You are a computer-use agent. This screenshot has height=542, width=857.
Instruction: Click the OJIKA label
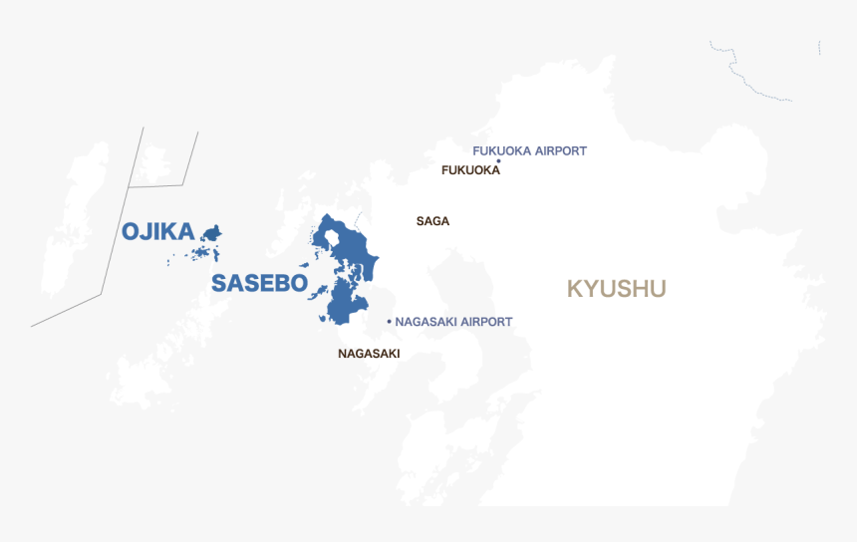point(157,231)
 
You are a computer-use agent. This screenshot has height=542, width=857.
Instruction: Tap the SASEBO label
point(259,283)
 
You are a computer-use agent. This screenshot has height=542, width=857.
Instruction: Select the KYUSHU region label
point(616,289)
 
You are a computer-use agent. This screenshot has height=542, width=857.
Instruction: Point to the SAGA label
point(432,221)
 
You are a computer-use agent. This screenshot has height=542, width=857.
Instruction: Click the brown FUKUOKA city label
point(470,170)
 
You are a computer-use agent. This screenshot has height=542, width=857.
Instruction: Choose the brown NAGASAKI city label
point(369,354)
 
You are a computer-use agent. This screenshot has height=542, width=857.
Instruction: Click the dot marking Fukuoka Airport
point(498,160)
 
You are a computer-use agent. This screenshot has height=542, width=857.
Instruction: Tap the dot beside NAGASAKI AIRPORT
point(389,322)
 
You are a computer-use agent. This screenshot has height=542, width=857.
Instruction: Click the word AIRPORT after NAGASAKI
point(487,322)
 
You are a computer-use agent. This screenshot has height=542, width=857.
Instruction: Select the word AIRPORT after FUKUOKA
point(561,151)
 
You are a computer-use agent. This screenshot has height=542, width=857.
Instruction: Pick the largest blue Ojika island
point(211,233)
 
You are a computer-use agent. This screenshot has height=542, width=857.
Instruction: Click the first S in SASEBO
point(220,283)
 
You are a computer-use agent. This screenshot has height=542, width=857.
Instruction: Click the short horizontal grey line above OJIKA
point(156,185)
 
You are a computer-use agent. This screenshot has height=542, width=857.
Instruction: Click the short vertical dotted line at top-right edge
point(819,48)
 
